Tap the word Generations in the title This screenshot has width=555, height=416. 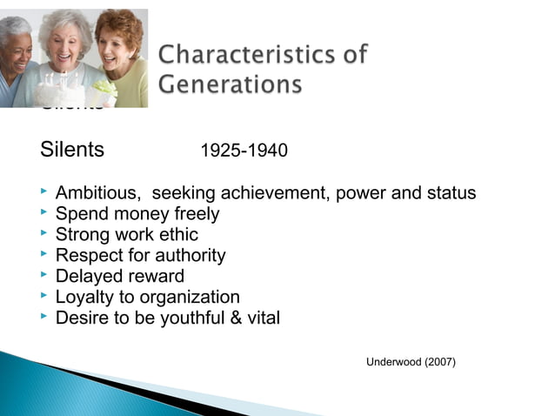231,84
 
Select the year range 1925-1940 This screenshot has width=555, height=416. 244,151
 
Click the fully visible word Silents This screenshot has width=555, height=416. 72,150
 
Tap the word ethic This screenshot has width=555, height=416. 178,234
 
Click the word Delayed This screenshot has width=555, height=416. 87,276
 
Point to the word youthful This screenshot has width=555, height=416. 187,318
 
